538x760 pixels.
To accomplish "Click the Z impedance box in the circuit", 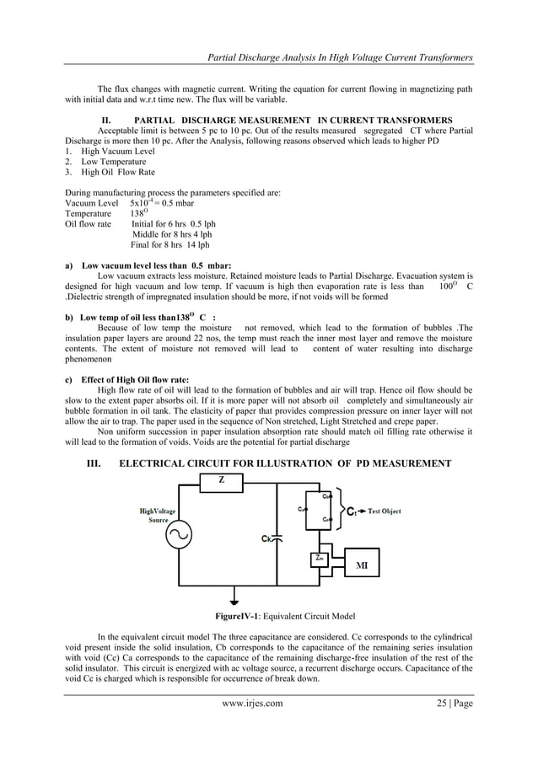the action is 221,480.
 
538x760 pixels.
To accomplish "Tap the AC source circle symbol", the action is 179,534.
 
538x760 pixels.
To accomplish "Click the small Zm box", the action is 318,558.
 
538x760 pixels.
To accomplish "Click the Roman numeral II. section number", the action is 106,120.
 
